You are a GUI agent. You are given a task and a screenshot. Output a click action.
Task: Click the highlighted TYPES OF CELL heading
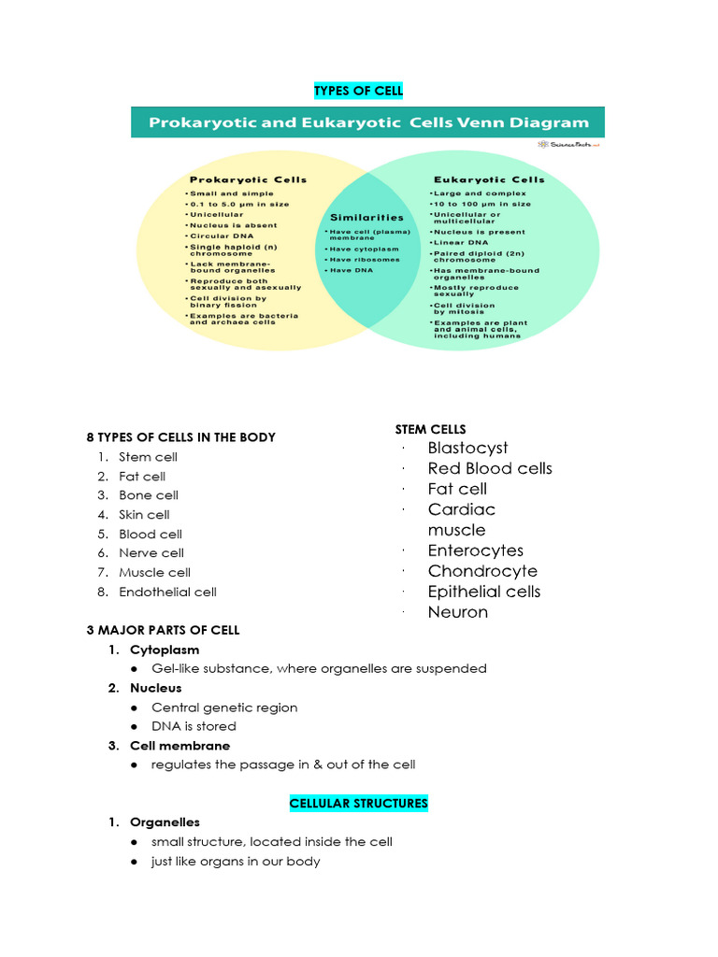pos(358,91)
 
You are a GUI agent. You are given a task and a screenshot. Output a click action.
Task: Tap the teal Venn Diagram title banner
pos(367,122)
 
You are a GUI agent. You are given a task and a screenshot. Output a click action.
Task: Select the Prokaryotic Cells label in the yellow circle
pos(248,179)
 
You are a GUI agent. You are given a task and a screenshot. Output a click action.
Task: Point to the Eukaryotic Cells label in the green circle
pos(489,179)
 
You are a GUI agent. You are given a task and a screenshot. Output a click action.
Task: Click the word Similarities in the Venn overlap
pos(366,217)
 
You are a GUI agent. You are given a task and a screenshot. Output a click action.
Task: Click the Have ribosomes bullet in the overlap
pos(363,260)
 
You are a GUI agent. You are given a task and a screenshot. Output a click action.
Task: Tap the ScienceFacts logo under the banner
pos(569,144)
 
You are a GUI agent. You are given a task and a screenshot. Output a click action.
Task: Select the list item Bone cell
pos(148,495)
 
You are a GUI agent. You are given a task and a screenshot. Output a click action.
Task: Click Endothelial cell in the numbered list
pos(167,592)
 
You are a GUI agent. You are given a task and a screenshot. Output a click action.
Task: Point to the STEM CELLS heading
pos(430,429)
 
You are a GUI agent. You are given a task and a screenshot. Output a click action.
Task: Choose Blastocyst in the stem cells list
pos(467,448)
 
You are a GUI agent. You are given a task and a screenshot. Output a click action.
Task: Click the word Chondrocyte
pos(482,571)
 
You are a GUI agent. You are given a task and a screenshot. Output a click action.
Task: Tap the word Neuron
pos(457,612)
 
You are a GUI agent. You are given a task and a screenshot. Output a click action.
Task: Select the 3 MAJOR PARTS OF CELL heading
pos(163,630)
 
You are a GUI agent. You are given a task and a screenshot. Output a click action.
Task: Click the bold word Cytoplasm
pos(165,650)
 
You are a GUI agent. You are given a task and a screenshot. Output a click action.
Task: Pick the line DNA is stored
pos(194,726)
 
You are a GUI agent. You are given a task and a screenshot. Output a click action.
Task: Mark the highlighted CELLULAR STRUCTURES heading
pos(358,803)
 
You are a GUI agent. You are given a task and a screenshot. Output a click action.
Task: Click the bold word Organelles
pos(165,822)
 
